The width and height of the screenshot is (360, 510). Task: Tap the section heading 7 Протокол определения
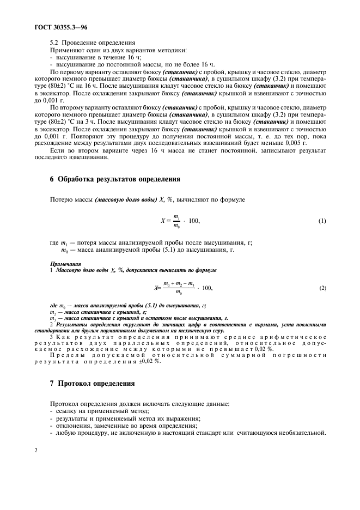pos(92,382)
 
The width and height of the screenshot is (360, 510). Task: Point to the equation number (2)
pos(322,288)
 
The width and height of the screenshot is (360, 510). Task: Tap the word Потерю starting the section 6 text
pos(61,200)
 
